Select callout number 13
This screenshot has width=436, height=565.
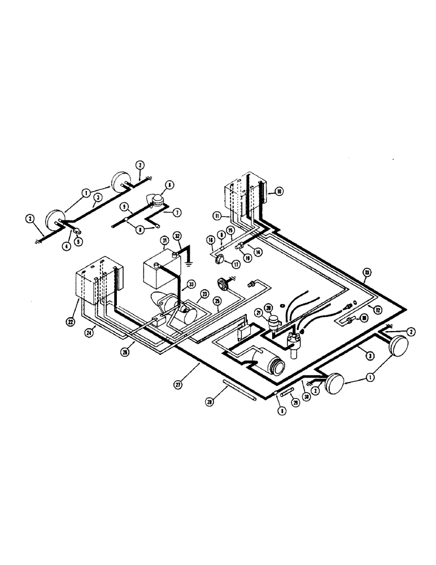point(367,274)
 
